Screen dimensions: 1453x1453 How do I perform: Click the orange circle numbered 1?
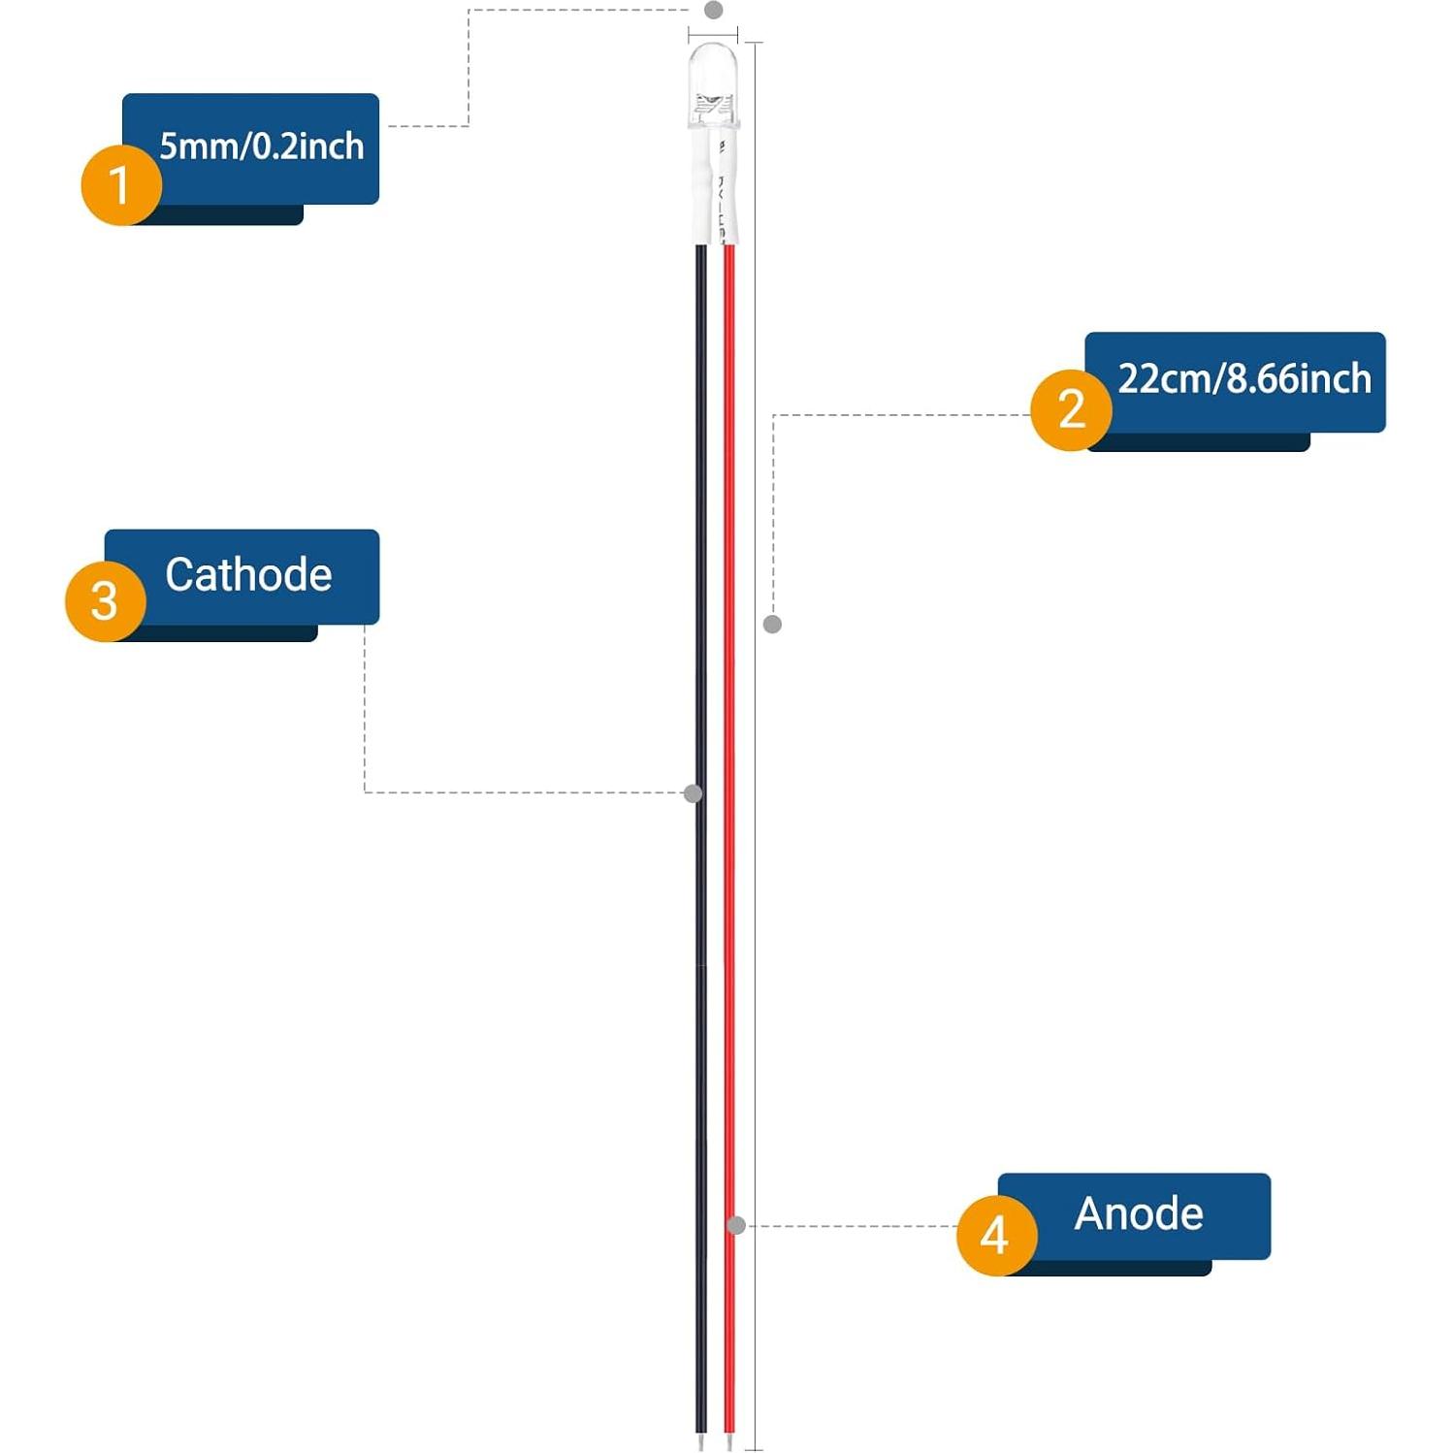coord(120,184)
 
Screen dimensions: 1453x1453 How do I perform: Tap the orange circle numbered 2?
coord(1071,409)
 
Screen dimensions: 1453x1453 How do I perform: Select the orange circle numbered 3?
coord(105,601)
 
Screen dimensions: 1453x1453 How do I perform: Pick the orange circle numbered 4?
coord(996,1235)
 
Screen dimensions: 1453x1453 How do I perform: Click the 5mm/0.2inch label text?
coord(262,146)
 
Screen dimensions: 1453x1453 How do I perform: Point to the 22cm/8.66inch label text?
coord(1244,378)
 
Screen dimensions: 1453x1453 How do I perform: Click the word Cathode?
coord(248,574)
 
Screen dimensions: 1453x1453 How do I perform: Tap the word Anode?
coord(1139,1213)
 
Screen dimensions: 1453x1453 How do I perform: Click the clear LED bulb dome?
coord(713,78)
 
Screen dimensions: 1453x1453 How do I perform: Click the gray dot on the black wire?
coord(693,793)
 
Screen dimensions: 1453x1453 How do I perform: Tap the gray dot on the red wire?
coord(736,1226)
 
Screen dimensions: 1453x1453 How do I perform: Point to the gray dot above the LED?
coord(714,10)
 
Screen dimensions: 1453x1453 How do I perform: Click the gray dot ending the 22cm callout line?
coord(772,624)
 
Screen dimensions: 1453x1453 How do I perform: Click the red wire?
coord(729,679)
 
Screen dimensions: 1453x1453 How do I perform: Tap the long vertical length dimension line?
coord(756,873)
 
